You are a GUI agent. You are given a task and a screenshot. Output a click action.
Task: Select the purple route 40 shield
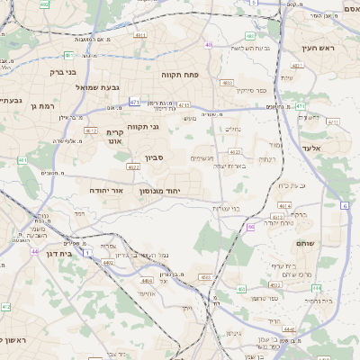[209, 44]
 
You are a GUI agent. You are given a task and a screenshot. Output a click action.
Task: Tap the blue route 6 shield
[345, 205]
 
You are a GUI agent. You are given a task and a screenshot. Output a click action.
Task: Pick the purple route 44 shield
[34, 251]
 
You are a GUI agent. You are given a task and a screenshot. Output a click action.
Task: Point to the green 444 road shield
[316, 288]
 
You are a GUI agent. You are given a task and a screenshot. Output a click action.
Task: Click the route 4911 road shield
[139, 35]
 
